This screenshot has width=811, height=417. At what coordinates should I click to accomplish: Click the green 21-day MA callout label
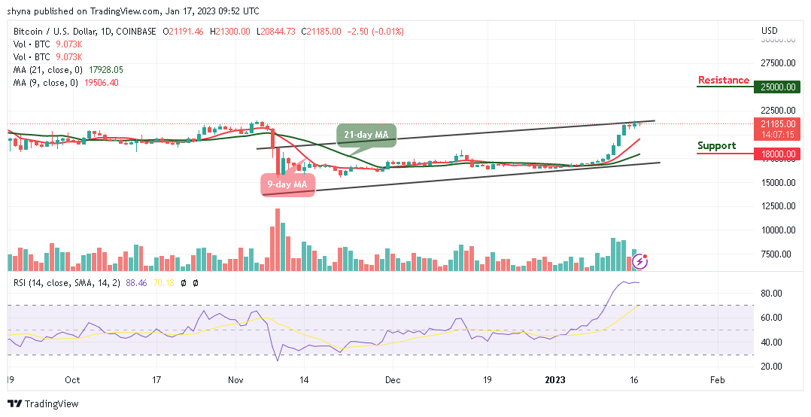tap(366, 134)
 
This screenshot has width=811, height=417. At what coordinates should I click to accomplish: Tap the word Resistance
tap(723, 81)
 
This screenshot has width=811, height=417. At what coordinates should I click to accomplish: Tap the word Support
tap(716, 145)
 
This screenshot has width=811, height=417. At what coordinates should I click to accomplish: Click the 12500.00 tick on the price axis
tap(778, 206)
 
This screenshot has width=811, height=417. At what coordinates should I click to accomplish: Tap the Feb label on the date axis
tap(718, 380)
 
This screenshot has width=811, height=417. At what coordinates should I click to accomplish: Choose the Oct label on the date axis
tap(72, 380)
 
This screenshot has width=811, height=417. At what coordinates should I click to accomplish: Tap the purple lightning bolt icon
tap(640, 261)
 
